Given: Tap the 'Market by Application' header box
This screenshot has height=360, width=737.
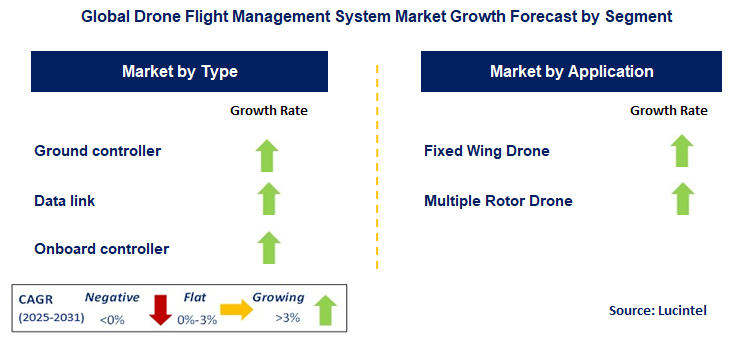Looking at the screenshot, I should (571, 72).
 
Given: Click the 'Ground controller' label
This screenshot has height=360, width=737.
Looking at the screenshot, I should (98, 151).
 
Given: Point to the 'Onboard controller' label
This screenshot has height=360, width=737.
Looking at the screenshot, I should (102, 248).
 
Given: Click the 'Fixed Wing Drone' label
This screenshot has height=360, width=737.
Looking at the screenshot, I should (486, 151).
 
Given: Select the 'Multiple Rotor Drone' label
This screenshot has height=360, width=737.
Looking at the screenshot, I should (498, 200).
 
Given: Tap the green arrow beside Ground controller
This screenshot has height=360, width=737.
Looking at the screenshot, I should (267, 155).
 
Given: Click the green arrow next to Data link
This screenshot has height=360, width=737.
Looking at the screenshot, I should (267, 198).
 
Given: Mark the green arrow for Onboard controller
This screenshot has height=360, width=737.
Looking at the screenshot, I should (267, 246).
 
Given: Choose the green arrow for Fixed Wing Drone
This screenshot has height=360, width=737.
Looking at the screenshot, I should (682, 151).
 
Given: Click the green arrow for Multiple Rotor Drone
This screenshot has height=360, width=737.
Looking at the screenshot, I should (682, 198).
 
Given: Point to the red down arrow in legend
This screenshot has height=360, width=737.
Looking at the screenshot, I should (159, 310).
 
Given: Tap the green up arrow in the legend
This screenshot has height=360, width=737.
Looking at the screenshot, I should (326, 310).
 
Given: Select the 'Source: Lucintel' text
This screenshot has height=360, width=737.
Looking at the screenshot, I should (657, 311).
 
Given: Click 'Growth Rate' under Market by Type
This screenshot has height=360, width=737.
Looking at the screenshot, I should (269, 110).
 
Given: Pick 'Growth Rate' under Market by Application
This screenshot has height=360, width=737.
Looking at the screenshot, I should (668, 110).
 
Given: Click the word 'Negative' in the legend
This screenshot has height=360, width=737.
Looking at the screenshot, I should (111, 297).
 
